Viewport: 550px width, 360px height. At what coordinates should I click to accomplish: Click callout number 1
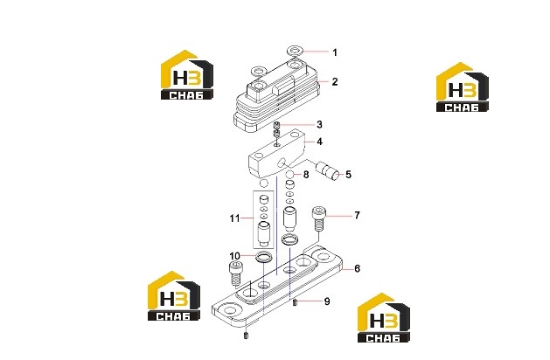point(335,52)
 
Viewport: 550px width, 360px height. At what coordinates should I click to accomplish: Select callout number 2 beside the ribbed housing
point(335,81)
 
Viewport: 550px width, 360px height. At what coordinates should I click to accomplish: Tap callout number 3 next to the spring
point(319,124)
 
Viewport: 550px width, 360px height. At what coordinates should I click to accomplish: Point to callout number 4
point(319,142)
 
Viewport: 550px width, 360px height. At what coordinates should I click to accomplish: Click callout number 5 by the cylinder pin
point(348,175)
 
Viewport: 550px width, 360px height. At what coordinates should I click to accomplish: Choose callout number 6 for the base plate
point(357,268)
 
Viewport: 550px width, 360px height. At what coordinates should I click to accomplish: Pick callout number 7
point(357,215)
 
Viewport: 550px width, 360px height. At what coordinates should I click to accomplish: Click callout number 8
point(306,175)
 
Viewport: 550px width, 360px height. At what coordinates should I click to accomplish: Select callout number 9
point(327,301)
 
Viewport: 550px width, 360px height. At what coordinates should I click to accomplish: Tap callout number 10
point(234,256)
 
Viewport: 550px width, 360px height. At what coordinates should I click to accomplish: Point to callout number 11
point(234,218)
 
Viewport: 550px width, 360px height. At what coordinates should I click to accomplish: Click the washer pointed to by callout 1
point(296,51)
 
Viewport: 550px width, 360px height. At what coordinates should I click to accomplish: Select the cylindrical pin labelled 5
point(328,171)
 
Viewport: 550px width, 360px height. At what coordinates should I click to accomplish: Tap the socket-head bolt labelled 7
point(318,218)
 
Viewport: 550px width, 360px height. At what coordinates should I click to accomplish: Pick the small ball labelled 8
point(289,174)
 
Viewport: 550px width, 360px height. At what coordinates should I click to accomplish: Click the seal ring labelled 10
point(264,257)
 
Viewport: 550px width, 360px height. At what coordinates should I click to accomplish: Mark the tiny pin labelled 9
point(295,302)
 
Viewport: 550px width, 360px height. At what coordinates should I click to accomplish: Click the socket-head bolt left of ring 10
point(236,273)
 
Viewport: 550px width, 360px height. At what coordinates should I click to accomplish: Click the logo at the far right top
point(462,87)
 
